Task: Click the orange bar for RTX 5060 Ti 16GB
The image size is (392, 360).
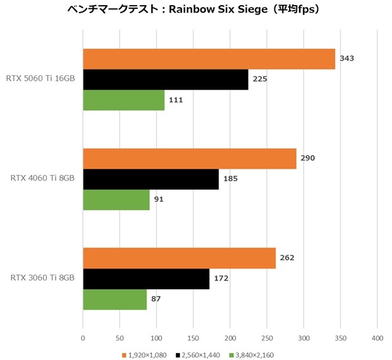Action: (x=209, y=59)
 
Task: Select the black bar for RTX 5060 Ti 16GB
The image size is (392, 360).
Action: (x=165, y=80)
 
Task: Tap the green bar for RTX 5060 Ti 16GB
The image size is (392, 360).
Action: (x=123, y=100)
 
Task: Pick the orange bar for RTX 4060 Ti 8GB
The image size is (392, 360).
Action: (x=189, y=159)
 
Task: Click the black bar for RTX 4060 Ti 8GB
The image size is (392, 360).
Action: (x=150, y=179)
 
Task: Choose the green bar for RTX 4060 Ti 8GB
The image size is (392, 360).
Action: (x=116, y=200)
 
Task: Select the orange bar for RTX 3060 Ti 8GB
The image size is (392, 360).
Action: (x=179, y=258)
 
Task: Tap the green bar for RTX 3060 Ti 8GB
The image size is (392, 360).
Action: (x=114, y=299)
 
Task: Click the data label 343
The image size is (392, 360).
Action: (x=346, y=59)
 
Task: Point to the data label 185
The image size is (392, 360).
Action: (x=230, y=179)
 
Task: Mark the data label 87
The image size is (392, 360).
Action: (x=156, y=299)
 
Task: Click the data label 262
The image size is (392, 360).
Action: (x=287, y=258)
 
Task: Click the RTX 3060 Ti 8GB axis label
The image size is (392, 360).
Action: (x=43, y=279)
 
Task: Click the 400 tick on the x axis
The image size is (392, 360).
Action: (x=377, y=338)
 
